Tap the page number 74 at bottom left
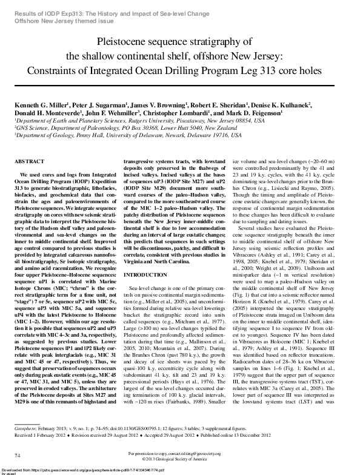point(18,454)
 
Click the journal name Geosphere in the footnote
point(26,427)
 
